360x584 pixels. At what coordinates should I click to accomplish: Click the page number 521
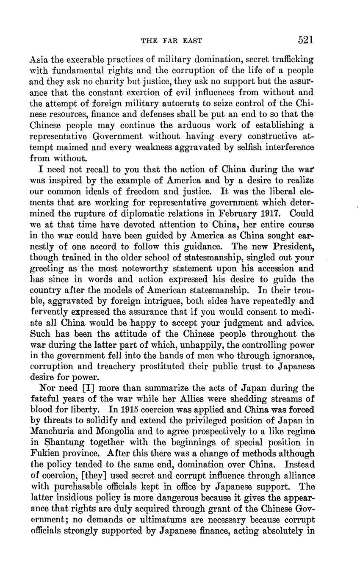pyautogui.click(x=305, y=40)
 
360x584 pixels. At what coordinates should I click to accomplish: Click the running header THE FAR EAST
pyautogui.click(x=171, y=41)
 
